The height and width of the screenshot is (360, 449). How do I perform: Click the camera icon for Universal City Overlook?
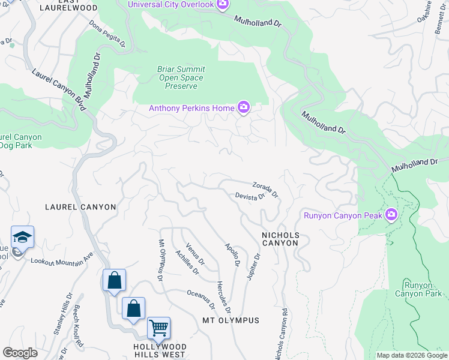[x=223, y=5]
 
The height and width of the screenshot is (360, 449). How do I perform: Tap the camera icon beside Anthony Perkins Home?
[x=243, y=108]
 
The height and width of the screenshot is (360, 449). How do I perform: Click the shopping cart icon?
[x=158, y=328]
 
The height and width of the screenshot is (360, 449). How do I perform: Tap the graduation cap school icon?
[x=22, y=237]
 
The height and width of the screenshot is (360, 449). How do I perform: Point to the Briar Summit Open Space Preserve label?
[x=181, y=78]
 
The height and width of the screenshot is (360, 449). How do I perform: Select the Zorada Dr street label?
[x=265, y=189]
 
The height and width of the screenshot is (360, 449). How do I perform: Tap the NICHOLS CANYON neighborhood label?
[x=279, y=239]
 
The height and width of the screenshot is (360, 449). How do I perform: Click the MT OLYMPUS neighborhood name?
[x=231, y=320]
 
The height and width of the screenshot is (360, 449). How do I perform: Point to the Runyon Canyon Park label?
[x=418, y=289]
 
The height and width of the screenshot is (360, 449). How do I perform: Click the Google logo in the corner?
[x=20, y=353]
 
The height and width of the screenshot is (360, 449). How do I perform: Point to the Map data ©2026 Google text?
[x=411, y=355]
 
